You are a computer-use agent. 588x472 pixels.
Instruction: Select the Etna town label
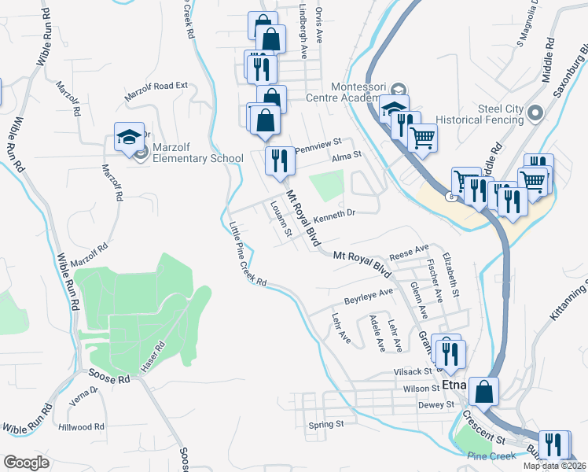pyautogui.click(x=454, y=385)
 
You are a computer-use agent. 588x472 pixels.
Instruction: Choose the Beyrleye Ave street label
pyautogui.click(x=368, y=296)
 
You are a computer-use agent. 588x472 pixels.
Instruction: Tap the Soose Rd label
pyautogui.click(x=108, y=379)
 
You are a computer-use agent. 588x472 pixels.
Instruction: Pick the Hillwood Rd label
pyautogui.click(x=81, y=427)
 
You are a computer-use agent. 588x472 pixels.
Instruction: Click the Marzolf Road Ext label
pyautogui.click(x=156, y=91)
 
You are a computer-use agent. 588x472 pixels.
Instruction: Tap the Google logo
pyautogui.click(x=26, y=463)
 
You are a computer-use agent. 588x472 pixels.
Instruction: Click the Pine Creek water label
pyautogui.click(x=491, y=455)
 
